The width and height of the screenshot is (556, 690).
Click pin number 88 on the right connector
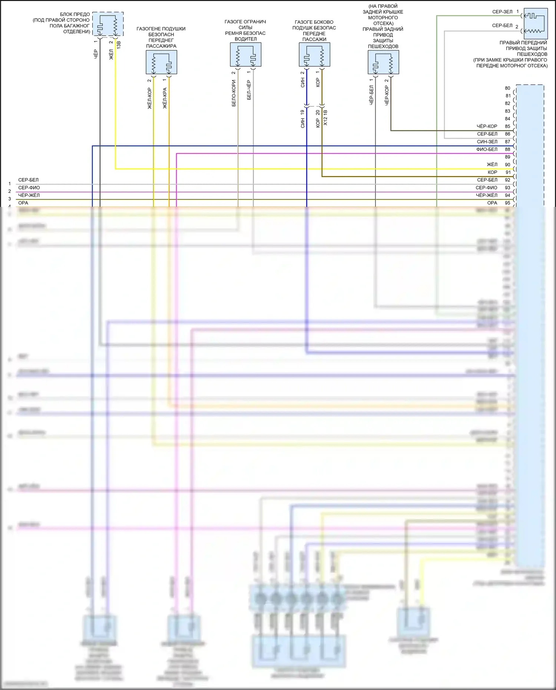pos(507,149)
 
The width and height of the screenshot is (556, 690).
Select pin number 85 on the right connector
pos(507,126)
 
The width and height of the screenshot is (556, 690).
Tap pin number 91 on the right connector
pos(508,172)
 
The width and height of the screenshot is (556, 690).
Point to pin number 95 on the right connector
pos(507,203)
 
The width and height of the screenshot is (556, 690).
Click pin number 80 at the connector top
pos(507,88)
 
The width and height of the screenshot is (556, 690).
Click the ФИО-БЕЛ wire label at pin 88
pos(487,149)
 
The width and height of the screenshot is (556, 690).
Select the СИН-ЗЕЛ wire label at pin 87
pos(487,142)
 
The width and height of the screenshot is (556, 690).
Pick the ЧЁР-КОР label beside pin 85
pos(487,126)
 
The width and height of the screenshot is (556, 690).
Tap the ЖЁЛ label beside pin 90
pos(492,165)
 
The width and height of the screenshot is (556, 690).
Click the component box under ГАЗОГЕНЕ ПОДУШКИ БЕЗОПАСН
pos(161,62)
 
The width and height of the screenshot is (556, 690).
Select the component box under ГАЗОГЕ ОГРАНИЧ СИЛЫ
pos(245,55)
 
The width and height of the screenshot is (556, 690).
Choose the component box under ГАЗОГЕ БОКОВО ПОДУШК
pos(314,55)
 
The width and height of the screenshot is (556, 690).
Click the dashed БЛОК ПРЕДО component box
pos(108,24)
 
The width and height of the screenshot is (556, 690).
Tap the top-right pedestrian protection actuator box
pos(536,24)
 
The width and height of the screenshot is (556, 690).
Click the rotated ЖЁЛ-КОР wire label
pos(149,98)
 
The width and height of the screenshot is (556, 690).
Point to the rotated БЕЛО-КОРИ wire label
pos(234,93)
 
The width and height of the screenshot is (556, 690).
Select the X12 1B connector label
pos(325,117)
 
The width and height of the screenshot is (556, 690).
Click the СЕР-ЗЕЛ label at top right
pos(502,12)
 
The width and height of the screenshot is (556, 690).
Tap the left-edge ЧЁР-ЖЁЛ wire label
pos(29,195)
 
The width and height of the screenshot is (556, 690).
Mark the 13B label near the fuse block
pos(119,45)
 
